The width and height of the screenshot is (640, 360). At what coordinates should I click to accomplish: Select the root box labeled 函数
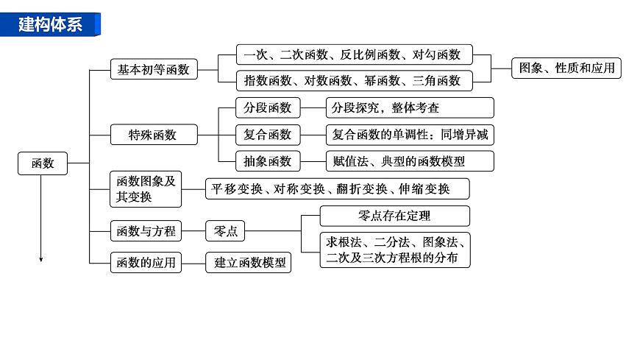pyautogui.click(x=43, y=163)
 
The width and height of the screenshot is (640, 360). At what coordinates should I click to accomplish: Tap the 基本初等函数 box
pyautogui.click(x=154, y=70)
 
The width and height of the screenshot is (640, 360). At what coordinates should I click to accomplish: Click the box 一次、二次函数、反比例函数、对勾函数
pyautogui.click(x=353, y=54)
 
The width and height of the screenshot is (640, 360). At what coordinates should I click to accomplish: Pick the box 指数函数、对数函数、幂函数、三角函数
pyautogui.click(x=353, y=80)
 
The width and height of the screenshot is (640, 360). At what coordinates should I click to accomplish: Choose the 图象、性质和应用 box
pyautogui.click(x=566, y=68)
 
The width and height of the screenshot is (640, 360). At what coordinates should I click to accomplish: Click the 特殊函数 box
pyautogui.click(x=154, y=135)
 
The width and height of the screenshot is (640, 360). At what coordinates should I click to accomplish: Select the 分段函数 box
pyautogui.click(x=268, y=107)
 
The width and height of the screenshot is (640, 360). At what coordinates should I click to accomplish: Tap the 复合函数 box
pyautogui.click(x=268, y=135)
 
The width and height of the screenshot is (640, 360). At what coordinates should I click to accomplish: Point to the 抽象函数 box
pyautogui.click(x=268, y=161)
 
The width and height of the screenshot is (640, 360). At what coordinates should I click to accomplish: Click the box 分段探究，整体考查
pyautogui.click(x=409, y=107)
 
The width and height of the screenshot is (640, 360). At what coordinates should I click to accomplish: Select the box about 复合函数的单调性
pyautogui.click(x=409, y=135)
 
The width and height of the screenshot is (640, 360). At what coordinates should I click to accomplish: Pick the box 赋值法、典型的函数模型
pyautogui.click(x=409, y=161)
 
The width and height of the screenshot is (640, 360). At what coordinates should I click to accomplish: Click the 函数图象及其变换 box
pyautogui.click(x=146, y=189)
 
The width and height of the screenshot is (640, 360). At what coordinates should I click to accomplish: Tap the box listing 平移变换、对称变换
pyautogui.click(x=337, y=188)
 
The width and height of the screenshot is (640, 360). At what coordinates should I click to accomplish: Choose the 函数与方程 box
pyautogui.click(x=146, y=231)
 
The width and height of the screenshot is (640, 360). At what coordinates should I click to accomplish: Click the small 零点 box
pyautogui.click(x=225, y=231)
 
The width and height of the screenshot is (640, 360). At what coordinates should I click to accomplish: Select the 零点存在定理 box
pyautogui.click(x=394, y=216)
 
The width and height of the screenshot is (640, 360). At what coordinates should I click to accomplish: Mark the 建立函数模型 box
pyautogui.click(x=249, y=262)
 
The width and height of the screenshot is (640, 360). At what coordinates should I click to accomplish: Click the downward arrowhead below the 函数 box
pyautogui.click(x=41, y=258)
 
